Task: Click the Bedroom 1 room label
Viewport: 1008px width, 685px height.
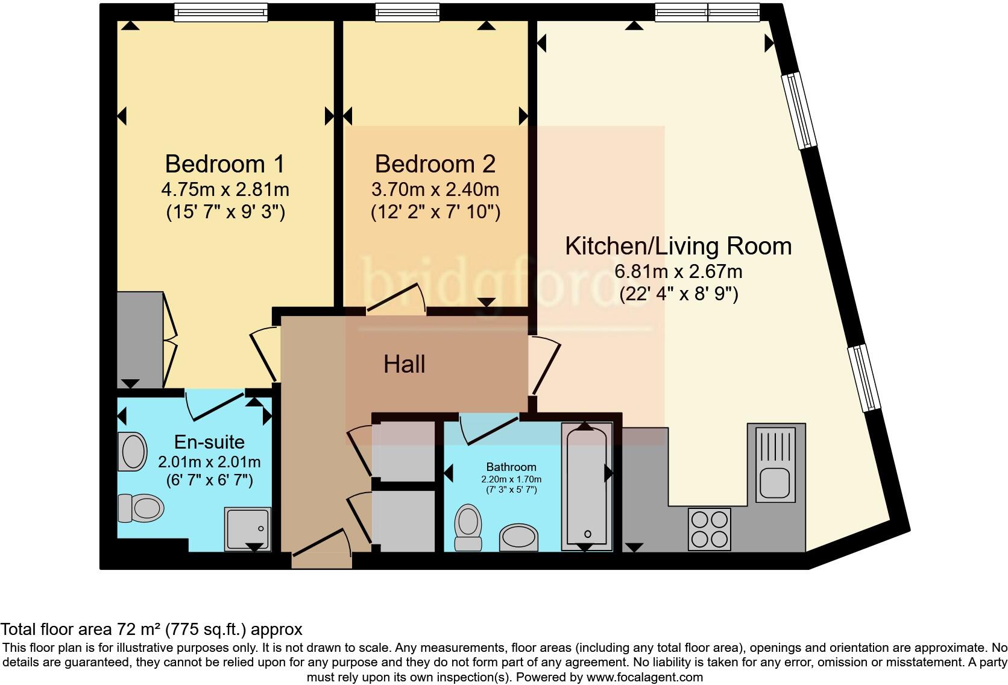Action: coord(224,164)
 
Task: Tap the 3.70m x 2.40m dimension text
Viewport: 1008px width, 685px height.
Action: coord(435,190)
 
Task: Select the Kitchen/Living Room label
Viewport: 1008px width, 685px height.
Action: coord(678,246)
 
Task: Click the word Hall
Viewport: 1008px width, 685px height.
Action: coord(405,364)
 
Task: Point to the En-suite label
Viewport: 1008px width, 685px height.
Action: coord(209,442)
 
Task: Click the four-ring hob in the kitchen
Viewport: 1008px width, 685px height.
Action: coord(710,529)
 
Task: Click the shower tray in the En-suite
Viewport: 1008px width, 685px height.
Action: coord(247,529)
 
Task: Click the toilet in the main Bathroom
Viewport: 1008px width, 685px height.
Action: coord(468,527)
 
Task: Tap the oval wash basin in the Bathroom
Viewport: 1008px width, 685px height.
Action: coord(518,537)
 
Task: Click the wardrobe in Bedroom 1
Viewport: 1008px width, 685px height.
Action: coord(139,339)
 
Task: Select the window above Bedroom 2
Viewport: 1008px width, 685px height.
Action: coord(407,12)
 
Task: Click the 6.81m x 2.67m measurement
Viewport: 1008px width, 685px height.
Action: coord(678,271)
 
